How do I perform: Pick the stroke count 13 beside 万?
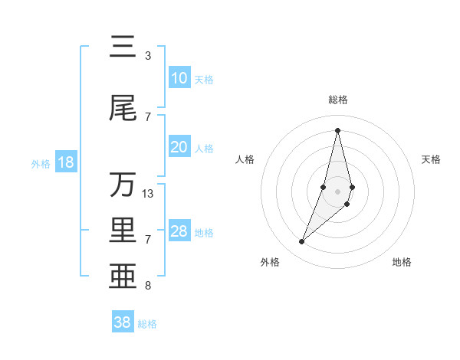pos(148,194)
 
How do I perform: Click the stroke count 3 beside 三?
pos(148,56)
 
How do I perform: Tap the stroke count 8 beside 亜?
pos(148,286)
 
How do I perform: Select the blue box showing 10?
pos(179,78)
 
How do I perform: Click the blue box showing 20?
pos(179,147)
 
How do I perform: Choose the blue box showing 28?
pos(179,231)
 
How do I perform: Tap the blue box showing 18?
pos(65,162)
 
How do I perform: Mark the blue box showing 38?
pos(123,322)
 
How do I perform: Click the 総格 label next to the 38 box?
pos(147,324)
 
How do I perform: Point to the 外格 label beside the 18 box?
pos(40,163)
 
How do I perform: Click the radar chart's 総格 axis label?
pos(337,100)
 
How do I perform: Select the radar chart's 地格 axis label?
pos(402,262)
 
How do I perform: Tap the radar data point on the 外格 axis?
pos(301,242)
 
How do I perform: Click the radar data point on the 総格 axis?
pos(337,129)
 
